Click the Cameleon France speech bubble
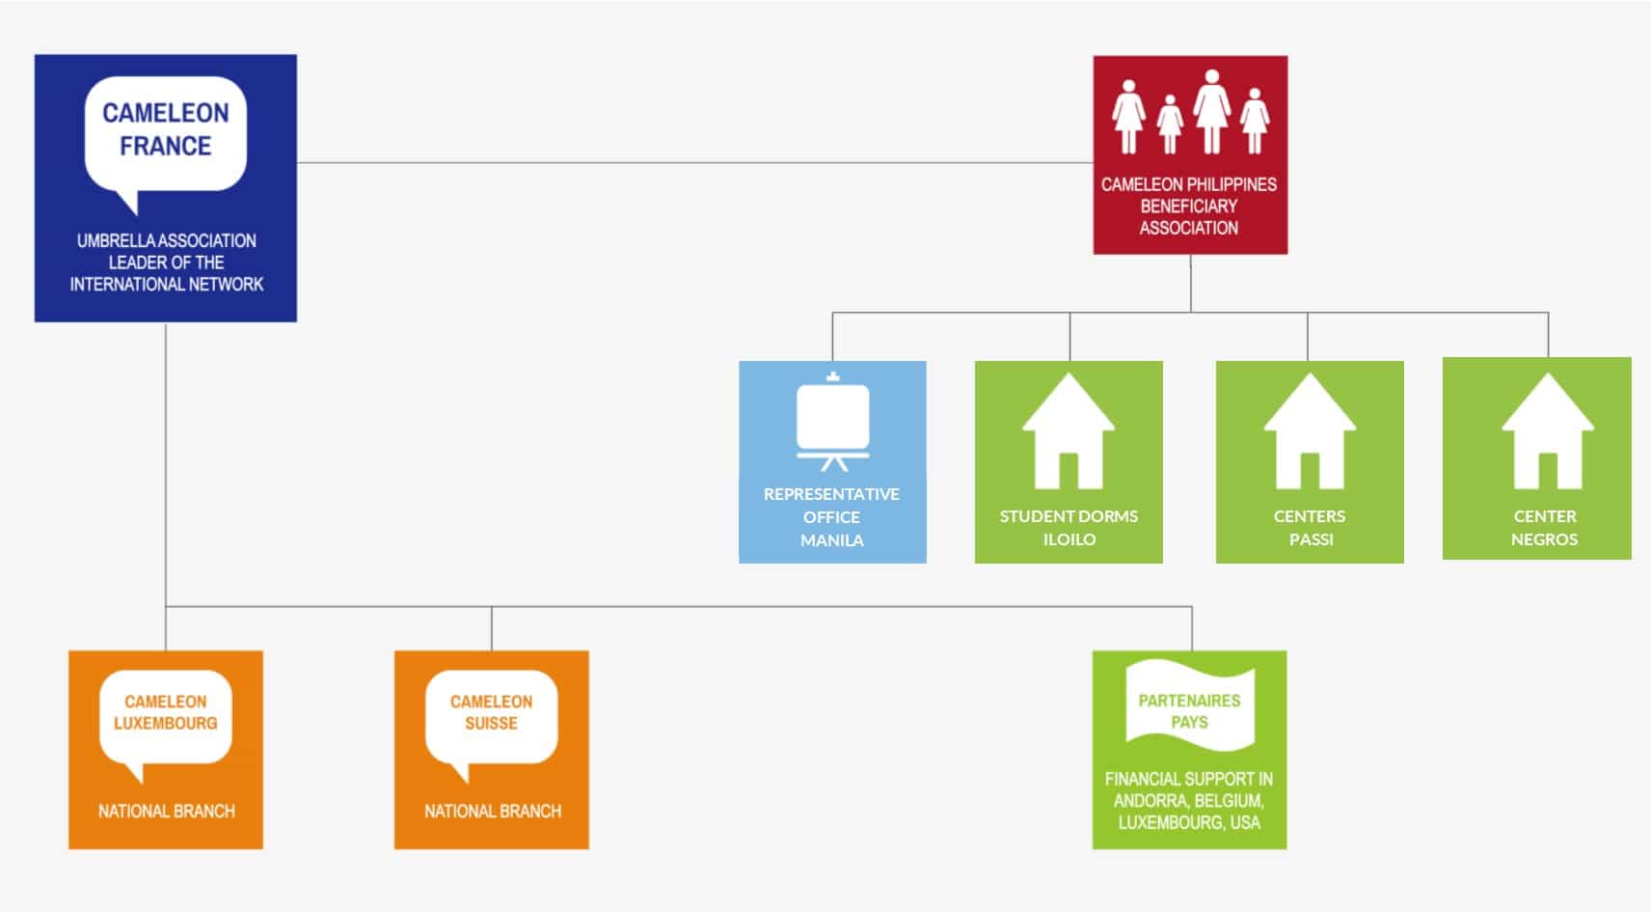[x=166, y=136]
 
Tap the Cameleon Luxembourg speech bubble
[x=166, y=719]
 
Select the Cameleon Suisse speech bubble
[x=492, y=719]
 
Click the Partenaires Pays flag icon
[x=1190, y=706]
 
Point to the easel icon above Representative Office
[x=833, y=422]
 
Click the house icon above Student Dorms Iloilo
[x=1069, y=431]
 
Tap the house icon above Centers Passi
[x=1310, y=431]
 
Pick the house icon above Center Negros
[x=1548, y=431]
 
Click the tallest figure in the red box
[x=1211, y=111]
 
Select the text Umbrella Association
[x=167, y=240]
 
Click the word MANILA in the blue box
[x=832, y=540]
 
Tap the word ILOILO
[x=1069, y=539]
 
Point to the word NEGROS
[x=1545, y=539]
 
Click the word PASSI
[x=1312, y=539]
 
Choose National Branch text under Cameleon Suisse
[x=493, y=812]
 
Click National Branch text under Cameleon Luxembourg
[x=167, y=812]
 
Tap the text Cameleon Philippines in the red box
[x=1189, y=184]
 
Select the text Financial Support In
[x=1189, y=779]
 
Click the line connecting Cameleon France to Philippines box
[x=695, y=162]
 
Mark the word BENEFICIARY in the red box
[x=1189, y=206]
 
